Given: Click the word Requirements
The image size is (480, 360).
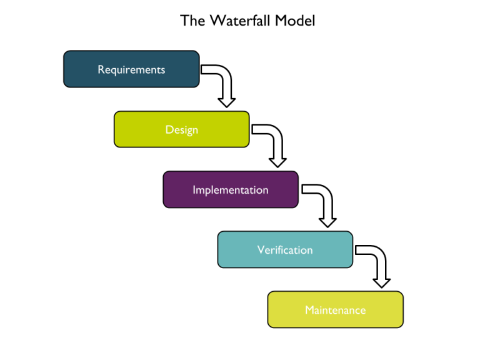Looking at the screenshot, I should coord(131,69).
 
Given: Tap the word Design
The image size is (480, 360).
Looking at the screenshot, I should coord(181,129).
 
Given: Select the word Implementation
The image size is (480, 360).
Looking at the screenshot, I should coord(230,189).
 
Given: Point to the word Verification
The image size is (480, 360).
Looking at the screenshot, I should coord(284,250).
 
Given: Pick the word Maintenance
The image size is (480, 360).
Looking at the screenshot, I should coord(335,310).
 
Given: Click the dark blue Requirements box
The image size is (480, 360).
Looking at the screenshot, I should coord(81,78).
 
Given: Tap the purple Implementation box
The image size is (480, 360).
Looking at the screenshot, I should coord(181,199).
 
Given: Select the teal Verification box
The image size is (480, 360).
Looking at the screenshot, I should coord(237,259).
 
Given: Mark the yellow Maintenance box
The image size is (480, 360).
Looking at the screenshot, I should coord(287,319).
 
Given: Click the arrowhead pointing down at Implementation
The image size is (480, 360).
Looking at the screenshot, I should coord(277,161).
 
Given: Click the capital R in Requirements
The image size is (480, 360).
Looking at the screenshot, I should coord(101,69).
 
